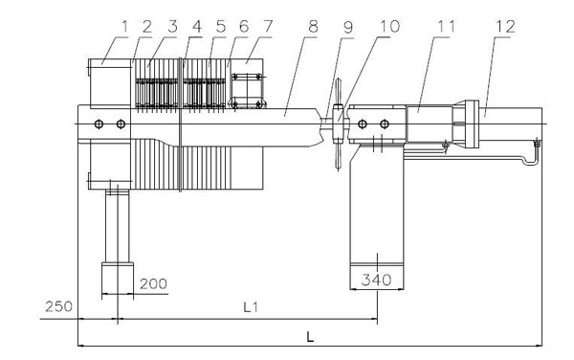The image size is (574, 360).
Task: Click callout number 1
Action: (124, 27)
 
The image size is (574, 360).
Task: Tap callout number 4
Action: (197, 27)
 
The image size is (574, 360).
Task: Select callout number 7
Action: (268, 27)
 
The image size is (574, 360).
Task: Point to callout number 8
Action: (313, 27)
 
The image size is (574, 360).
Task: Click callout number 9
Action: (348, 28)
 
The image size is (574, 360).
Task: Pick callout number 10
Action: (390, 27)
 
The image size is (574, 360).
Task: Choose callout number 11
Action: (446, 27)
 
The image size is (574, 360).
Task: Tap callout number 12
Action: (505, 27)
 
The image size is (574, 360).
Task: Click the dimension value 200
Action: (153, 283)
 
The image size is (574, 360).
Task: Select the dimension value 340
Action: (376, 281)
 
